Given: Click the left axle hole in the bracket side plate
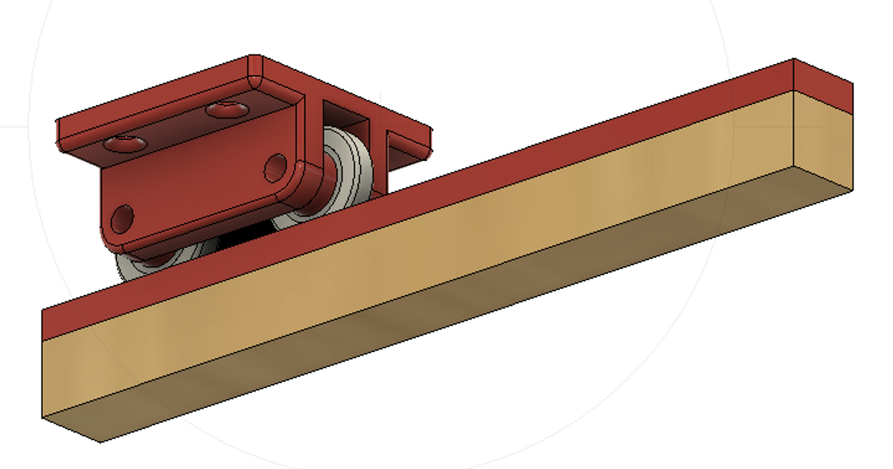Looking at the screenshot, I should click(x=122, y=219).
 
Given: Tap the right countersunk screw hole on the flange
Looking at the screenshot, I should click(x=225, y=110).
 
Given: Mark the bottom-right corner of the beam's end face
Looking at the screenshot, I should click(x=852, y=189).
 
